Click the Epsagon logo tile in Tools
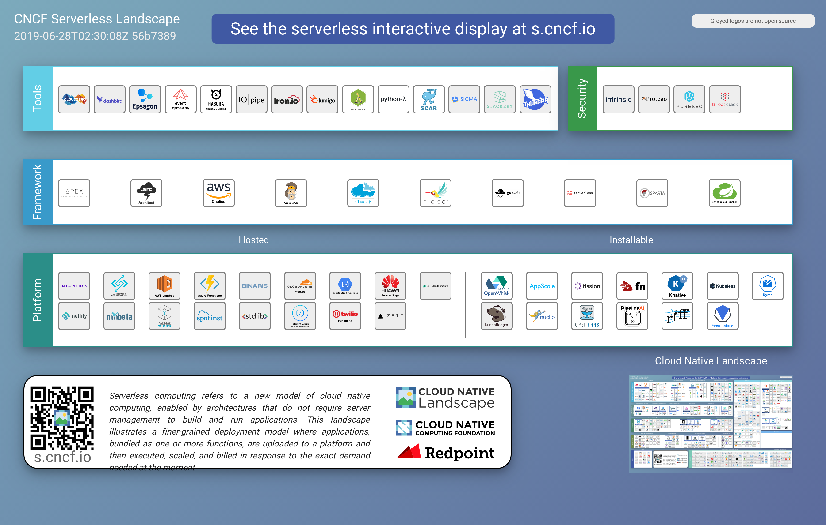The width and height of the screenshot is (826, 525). [x=145, y=99]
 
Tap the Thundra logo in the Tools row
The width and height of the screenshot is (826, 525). [x=535, y=99]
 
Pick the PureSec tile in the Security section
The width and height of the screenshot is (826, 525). [x=689, y=99]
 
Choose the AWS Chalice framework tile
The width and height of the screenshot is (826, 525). [x=218, y=193]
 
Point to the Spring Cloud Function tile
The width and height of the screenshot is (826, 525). [x=724, y=193]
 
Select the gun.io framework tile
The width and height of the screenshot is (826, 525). [x=508, y=193]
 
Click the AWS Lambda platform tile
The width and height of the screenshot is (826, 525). [x=164, y=286]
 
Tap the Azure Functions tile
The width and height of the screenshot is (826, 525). [x=210, y=286]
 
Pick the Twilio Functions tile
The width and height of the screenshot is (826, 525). [x=345, y=316]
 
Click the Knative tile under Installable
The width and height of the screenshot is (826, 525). [x=677, y=286]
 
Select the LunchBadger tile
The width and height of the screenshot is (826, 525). [x=496, y=316]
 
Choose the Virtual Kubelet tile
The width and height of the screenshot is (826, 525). [x=723, y=316]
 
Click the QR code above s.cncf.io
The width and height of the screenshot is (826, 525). [x=62, y=418]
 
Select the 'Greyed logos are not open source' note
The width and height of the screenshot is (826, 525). [x=753, y=21]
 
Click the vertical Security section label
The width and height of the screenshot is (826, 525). [x=582, y=98]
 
